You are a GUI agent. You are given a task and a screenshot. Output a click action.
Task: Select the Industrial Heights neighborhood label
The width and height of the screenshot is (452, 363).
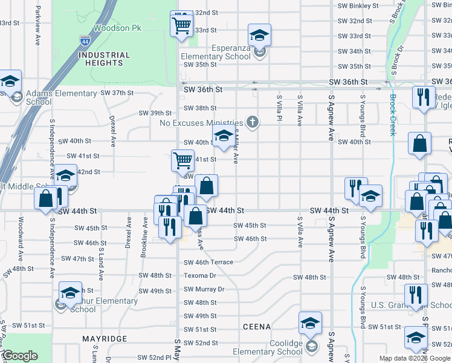104,59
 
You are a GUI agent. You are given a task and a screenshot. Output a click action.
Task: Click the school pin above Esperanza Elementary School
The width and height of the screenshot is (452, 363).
260,35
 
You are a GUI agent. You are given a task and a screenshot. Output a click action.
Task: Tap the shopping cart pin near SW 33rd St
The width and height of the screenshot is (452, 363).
181,25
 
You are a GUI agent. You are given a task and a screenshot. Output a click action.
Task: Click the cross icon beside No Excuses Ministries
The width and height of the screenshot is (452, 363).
253,123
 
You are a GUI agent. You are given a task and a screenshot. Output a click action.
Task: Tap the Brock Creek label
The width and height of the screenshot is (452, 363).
392,115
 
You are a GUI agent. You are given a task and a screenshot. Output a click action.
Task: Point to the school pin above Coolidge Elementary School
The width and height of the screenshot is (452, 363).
310,323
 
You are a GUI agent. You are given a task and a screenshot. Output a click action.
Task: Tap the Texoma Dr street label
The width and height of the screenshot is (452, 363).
200,275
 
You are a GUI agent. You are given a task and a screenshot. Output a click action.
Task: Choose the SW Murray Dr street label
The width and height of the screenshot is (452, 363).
204,289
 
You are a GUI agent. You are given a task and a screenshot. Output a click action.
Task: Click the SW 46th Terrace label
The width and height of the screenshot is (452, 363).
208,262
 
